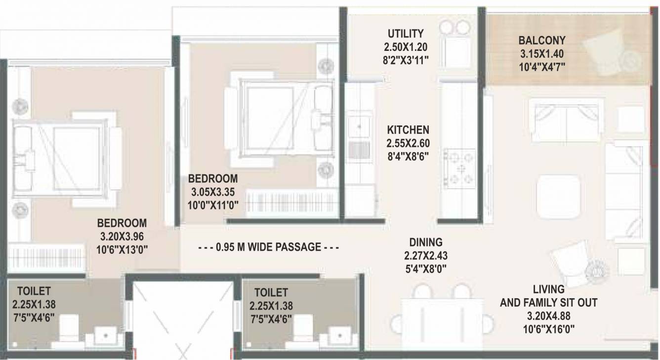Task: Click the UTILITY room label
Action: [405, 34]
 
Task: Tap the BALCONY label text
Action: [541, 40]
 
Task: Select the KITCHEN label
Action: [408, 130]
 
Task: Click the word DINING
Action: [425, 242]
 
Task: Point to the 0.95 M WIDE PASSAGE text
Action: [268, 247]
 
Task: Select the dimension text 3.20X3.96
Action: [122, 236]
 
